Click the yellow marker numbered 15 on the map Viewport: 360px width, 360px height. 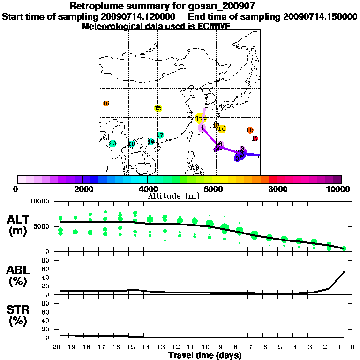pyautogui.click(x=158, y=108)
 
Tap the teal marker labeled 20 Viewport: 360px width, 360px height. pyautogui.click(x=112, y=143)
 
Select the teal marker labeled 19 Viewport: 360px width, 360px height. pyautogui.click(x=132, y=144)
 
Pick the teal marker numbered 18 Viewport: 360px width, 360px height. pyautogui.click(x=151, y=142)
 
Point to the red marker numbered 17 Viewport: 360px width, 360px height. pyautogui.click(x=255, y=139)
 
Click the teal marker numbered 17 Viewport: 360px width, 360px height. pyautogui.click(x=160, y=135)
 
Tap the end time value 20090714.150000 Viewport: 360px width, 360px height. pyautogui.click(x=320, y=16)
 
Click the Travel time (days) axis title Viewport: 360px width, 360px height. pyautogui.click(x=205, y=356)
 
